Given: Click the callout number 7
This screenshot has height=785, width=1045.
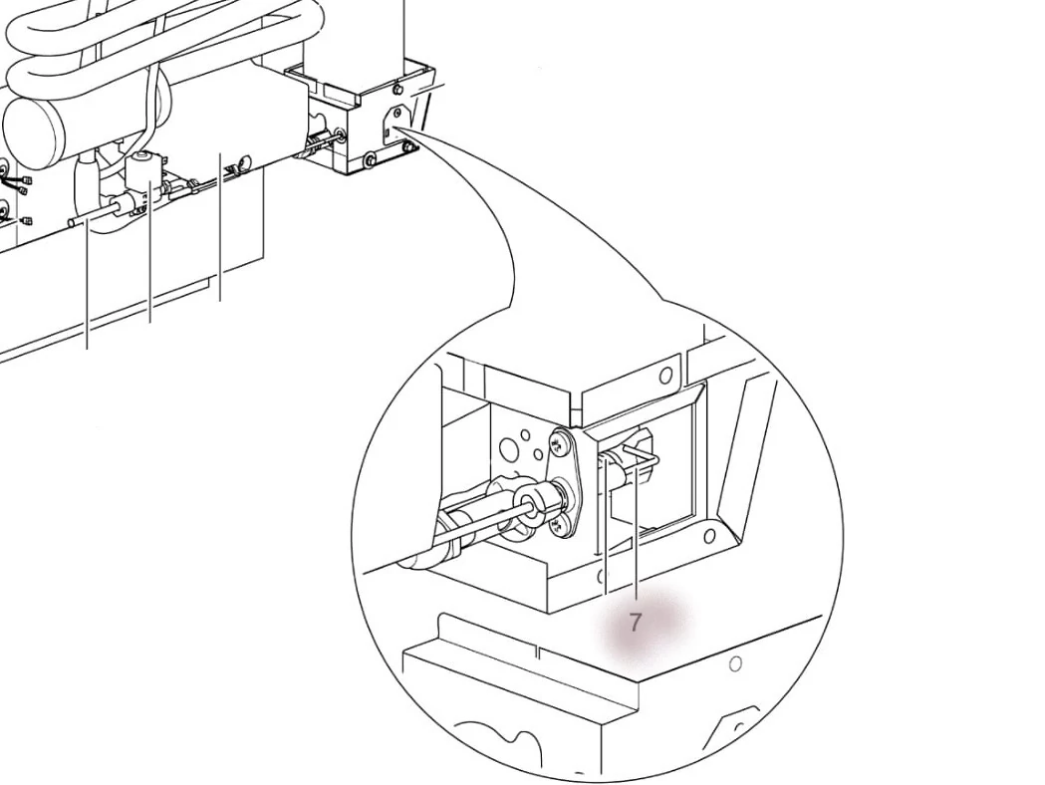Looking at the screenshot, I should coord(636,623).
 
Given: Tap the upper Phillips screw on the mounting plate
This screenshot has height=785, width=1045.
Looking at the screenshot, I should coord(564,439).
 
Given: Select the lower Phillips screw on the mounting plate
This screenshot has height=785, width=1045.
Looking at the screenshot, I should coord(559,520).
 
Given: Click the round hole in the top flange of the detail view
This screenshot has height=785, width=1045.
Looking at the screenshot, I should coord(665,376).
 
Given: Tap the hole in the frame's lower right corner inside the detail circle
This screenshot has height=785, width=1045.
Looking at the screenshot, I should coord(708,537).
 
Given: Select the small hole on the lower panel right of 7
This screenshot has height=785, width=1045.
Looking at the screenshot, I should coord(735,663).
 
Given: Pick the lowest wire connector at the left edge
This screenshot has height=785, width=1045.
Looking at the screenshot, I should coord(27,220).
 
